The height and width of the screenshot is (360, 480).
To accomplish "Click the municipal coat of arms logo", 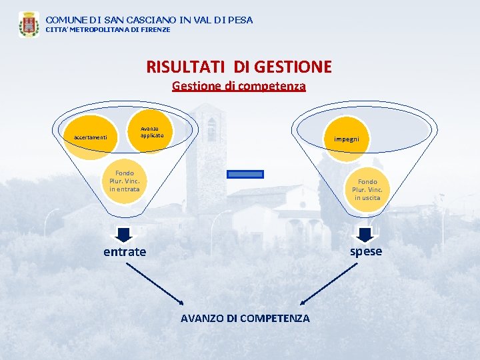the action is point(29,24).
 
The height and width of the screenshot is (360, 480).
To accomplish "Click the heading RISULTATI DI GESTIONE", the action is point(239,67).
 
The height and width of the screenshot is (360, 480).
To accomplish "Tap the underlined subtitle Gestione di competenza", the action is point(239,86).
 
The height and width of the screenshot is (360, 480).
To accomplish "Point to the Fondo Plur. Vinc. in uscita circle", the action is point(367,190).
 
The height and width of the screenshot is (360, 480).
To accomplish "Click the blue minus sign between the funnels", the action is point(245,175).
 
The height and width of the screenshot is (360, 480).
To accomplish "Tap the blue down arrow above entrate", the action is point(124,235).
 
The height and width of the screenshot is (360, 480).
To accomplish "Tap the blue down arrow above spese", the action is point(365,235).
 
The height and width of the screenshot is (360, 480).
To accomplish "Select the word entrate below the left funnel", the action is point(124,252).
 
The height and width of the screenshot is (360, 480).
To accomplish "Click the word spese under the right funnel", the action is point(366,251).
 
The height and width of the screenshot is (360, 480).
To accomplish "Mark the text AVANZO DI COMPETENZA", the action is point(245,319).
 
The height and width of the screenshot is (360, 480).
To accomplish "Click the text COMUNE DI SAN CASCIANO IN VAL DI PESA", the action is point(149,20).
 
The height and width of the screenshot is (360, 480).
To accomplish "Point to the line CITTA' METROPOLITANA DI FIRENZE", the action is point(107,30).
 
